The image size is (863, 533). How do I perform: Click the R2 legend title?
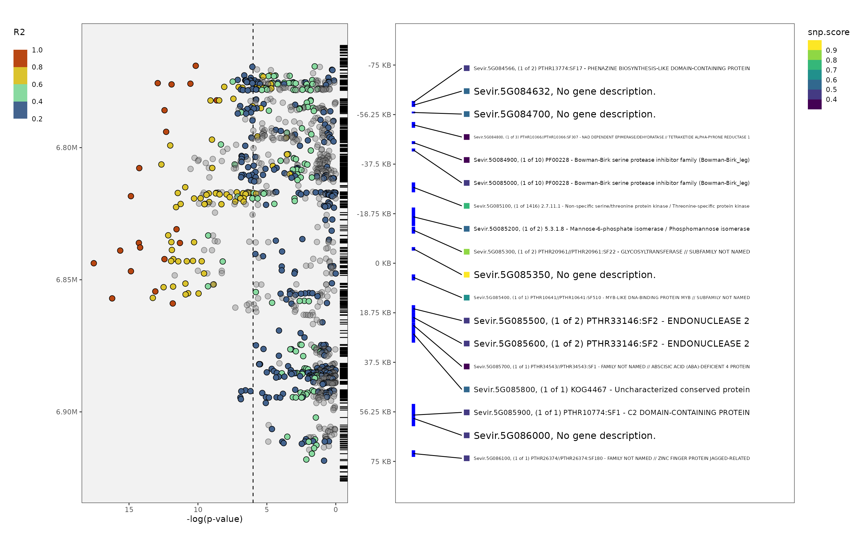click(19, 32)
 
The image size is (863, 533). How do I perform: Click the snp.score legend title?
click(828, 32)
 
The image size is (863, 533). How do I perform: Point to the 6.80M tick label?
click(66, 147)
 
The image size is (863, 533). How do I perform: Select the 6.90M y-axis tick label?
click(66, 412)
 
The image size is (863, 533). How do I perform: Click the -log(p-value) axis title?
click(214, 519)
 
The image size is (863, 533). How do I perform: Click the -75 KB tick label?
click(379, 65)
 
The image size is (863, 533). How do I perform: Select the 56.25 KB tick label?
click(375, 412)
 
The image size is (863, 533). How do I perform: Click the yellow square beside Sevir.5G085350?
click(466, 275)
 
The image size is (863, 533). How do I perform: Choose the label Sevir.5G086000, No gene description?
click(564, 435)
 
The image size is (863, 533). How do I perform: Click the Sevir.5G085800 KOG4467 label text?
click(611, 389)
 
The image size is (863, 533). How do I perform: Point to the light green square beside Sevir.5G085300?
click(466, 252)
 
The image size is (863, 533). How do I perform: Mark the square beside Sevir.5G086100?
click(466, 458)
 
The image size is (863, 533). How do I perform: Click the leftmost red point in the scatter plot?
click(93, 263)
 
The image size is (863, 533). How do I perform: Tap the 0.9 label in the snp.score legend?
click(831, 50)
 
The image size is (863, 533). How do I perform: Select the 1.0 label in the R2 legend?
click(37, 50)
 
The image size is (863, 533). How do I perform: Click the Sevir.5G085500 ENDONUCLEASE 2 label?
click(611, 321)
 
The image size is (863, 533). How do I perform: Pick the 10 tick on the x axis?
click(198, 509)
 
